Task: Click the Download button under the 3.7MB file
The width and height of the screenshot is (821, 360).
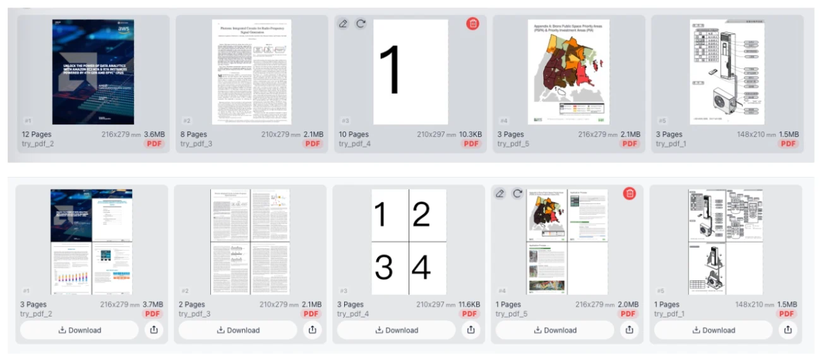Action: [x=79, y=330]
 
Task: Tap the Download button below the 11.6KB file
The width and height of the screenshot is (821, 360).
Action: [x=396, y=330]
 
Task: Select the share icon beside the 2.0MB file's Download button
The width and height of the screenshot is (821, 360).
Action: [x=629, y=330]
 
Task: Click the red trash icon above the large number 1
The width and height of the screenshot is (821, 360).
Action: [x=472, y=24]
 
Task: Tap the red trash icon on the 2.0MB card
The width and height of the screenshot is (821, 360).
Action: [x=629, y=194]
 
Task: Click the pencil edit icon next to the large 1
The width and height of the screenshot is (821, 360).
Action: [x=343, y=24]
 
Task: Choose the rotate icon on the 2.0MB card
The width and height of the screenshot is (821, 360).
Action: [x=517, y=194]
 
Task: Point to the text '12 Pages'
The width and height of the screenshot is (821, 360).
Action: [x=37, y=135]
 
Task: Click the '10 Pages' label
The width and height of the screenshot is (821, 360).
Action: [x=354, y=135]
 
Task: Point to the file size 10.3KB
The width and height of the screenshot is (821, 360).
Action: [x=467, y=135]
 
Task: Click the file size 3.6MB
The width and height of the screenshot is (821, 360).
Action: [x=155, y=135]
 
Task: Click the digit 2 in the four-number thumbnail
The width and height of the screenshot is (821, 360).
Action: [x=421, y=214]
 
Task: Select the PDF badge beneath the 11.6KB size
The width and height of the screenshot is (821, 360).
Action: [x=470, y=314]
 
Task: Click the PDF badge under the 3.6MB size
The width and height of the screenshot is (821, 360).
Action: [x=155, y=144]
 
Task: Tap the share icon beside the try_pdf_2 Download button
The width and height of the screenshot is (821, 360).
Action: [x=154, y=330]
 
